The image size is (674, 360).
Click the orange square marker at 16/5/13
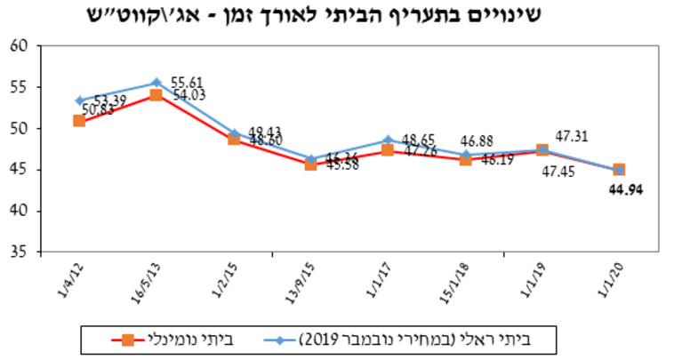point(156,94)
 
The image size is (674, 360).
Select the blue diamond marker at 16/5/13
point(156,83)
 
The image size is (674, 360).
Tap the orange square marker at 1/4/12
point(79,120)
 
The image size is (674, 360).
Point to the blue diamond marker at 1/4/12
point(79,100)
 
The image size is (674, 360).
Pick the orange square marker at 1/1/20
point(618,170)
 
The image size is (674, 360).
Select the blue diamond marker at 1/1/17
point(388,140)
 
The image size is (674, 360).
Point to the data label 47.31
point(574,136)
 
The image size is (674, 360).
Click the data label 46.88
point(477,140)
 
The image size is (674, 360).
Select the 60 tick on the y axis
point(20,45)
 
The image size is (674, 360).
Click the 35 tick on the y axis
point(20,252)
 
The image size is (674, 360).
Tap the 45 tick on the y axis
point(20,170)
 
